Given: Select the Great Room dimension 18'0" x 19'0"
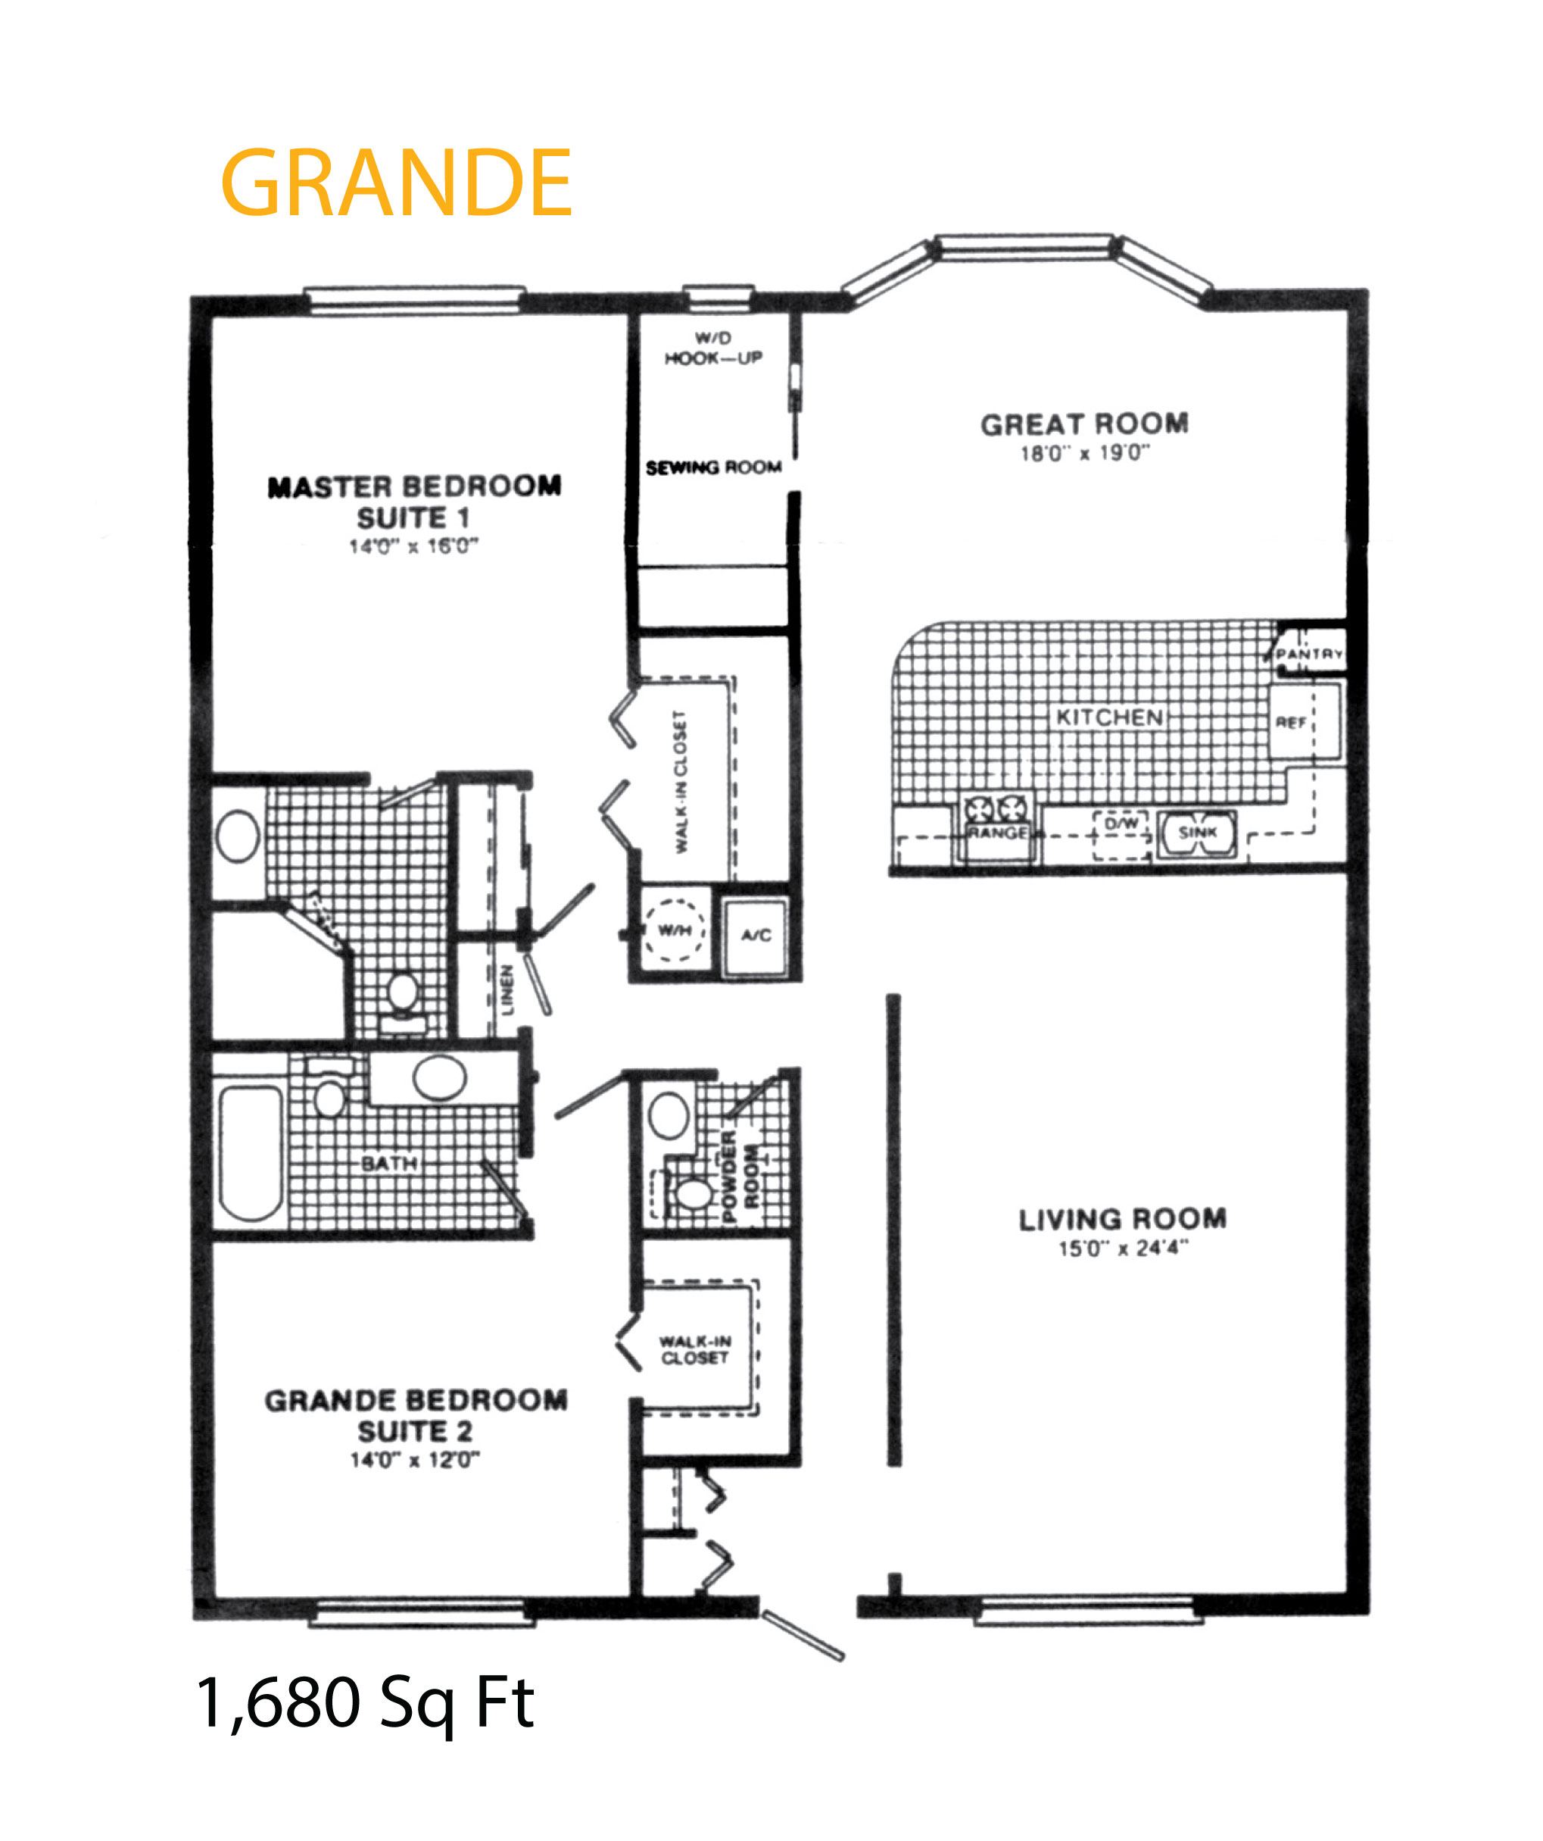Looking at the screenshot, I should pyautogui.click(x=1085, y=453).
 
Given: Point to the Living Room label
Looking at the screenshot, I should pyautogui.click(x=1122, y=1220).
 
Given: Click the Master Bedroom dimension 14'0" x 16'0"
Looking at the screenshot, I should pyautogui.click(x=413, y=546).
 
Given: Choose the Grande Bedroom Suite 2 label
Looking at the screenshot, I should pyautogui.click(x=416, y=1416).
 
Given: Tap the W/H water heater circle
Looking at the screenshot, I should pyautogui.click(x=675, y=930).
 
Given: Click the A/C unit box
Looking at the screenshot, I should pyautogui.click(x=756, y=936).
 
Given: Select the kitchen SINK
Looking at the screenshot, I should pyautogui.click(x=1198, y=833).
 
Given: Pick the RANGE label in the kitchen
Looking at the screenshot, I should pyautogui.click(x=997, y=832).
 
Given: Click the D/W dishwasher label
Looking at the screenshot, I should pyautogui.click(x=1121, y=824).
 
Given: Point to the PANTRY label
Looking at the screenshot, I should pyautogui.click(x=1309, y=654).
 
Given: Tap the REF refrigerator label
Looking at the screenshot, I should pyautogui.click(x=1291, y=722).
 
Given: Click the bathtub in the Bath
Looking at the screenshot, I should pyautogui.click(x=251, y=1153).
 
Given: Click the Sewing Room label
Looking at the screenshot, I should pyautogui.click(x=713, y=468).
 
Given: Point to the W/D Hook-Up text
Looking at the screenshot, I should pyautogui.click(x=713, y=348).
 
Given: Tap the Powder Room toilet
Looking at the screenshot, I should pyautogui.click(x=694, y=1193).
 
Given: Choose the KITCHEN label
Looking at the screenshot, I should pyautogui.click(x=1109, y=717).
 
